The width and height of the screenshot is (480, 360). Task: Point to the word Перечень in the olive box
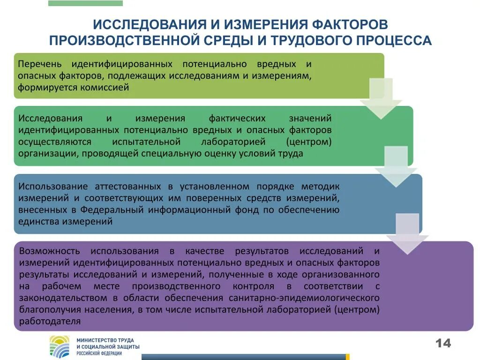pos(39,64)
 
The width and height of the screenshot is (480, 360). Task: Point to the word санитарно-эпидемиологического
pos(304,298)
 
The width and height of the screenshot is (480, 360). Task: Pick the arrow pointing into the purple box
pos(407,233)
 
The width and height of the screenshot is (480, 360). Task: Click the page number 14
pos(443,344)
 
